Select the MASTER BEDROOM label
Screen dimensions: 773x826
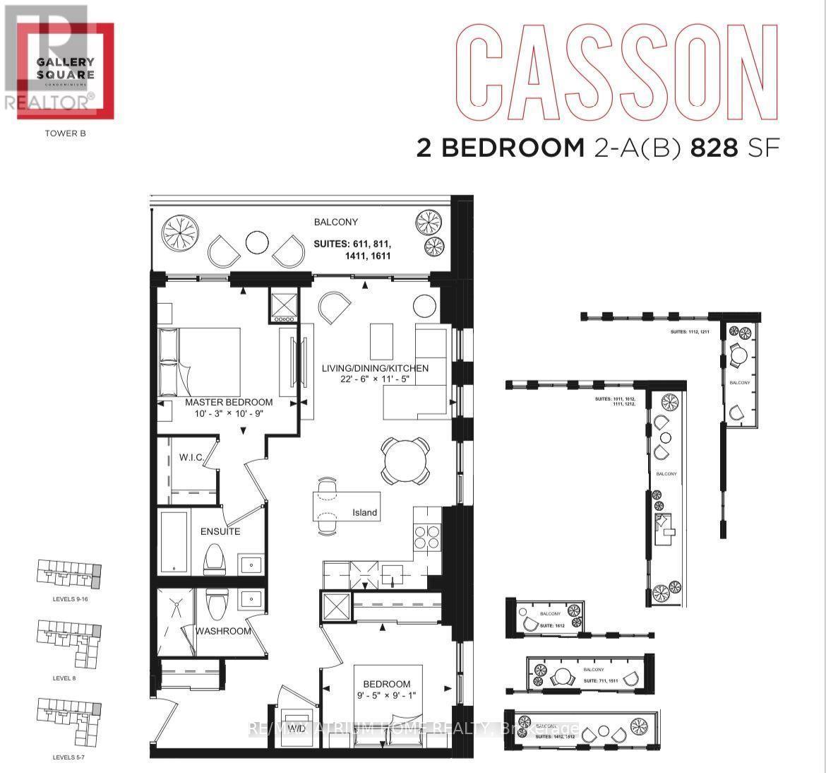(229, 402)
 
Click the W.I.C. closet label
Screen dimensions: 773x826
(191, 458)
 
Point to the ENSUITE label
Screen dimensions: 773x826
(220, 531)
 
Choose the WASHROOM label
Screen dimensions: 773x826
(223, 631)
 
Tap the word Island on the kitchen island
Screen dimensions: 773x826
(365, 512)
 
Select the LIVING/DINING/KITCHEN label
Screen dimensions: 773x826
(375, 368)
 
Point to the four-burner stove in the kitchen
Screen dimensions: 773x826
(426, 538)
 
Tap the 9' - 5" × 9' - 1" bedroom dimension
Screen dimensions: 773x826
(387, 697)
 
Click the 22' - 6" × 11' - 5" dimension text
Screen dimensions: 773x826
(375, 380)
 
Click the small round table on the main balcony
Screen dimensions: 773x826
(255, 242)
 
